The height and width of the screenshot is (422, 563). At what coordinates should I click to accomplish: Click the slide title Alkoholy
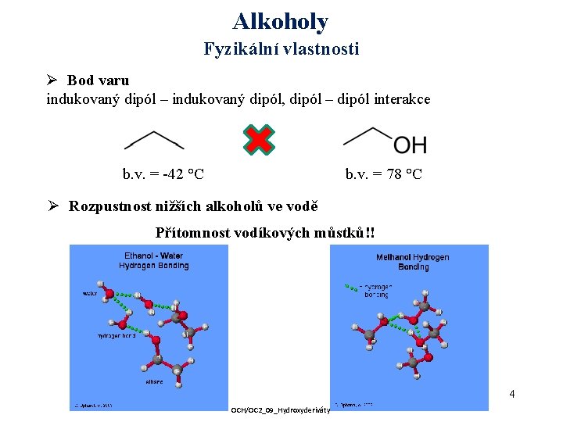coord(281,21)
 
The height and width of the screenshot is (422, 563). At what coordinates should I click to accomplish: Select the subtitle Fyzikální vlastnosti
coord(281,49)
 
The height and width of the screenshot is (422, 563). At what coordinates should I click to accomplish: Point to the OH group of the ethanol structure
coord(410,145)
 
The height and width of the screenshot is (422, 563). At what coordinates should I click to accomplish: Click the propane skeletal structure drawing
coord(154,140)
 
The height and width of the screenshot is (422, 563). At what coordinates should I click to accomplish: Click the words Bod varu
coord(98,80)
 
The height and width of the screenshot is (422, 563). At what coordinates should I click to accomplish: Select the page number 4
coord(511,394)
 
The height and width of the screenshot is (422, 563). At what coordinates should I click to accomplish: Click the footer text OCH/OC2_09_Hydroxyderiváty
coord(280,409)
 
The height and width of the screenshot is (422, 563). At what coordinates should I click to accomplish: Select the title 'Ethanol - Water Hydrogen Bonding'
coord(153,260)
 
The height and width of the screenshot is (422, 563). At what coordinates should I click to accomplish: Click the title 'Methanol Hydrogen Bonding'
coord(412,262)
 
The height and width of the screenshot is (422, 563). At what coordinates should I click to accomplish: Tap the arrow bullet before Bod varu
coord(53,80)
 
